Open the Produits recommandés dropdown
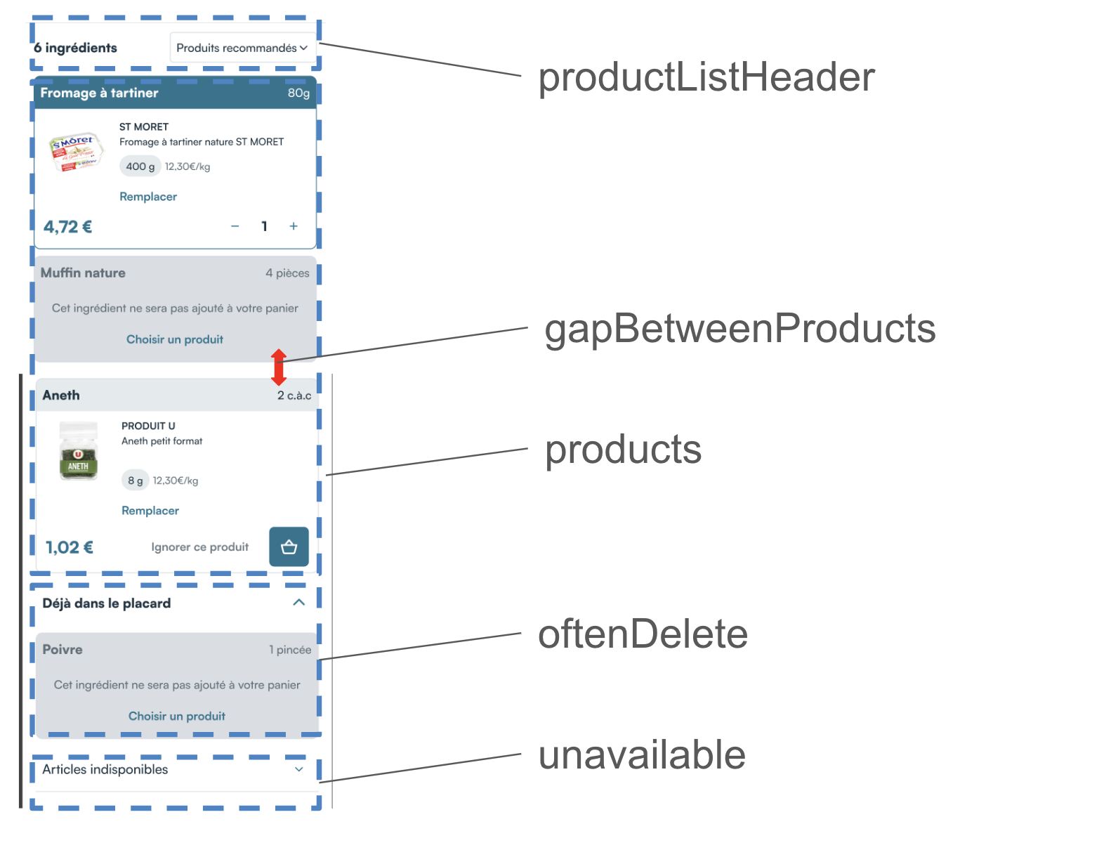(x=242, y=48)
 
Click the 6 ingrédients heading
(x=76, y=48)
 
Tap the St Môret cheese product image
(x=76, y=152)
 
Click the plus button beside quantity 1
(x=294, y=226)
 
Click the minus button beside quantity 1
(x=235, y=226)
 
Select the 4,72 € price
(x=68, y=227)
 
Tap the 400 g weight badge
(x=140, y=166)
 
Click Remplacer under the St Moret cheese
(x=148, y=197)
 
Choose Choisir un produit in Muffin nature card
(x=175, y=339)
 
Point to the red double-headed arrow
(x=279, y=367)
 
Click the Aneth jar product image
(x=79, y=451)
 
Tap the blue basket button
(x=289, y=547)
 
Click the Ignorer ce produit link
(x=200, y=547)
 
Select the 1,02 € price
(x=70, y=548)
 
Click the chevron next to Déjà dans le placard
(x=298, y=603)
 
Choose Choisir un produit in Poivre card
(x=177, y=716)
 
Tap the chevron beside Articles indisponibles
(x=299, y=769)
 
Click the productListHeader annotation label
(x=706, y=77)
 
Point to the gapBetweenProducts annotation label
(x=740, y=328)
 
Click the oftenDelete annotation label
(x=643, y=634)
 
